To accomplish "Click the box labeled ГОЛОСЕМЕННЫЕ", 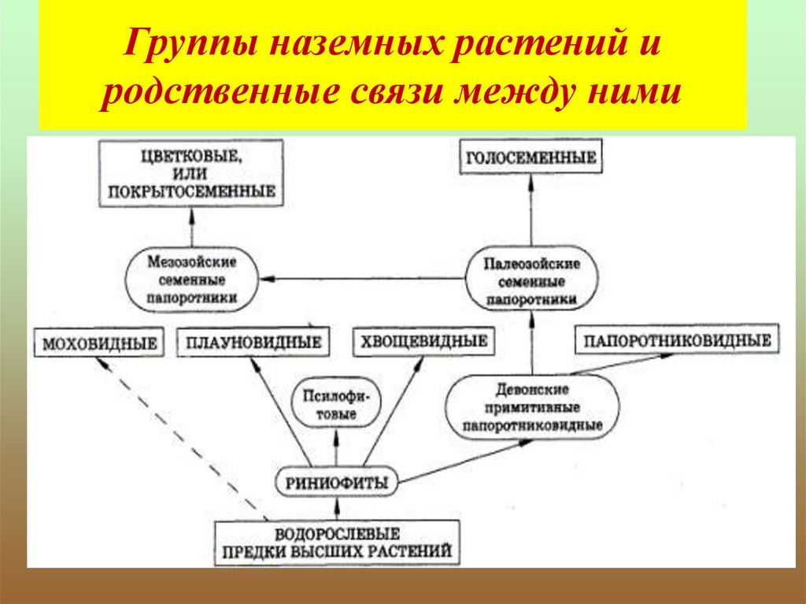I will [x=531, y=157].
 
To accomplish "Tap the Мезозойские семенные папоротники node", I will [x=192, y=280].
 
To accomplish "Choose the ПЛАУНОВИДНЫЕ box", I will [x=253, y=343].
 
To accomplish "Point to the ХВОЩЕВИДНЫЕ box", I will [x=423, y=343].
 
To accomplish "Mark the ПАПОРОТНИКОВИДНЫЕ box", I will [x=677, y=341].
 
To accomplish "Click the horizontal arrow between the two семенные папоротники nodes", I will [x=362, y=278].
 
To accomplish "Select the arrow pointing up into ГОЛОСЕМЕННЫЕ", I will [x=531, y=209].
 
